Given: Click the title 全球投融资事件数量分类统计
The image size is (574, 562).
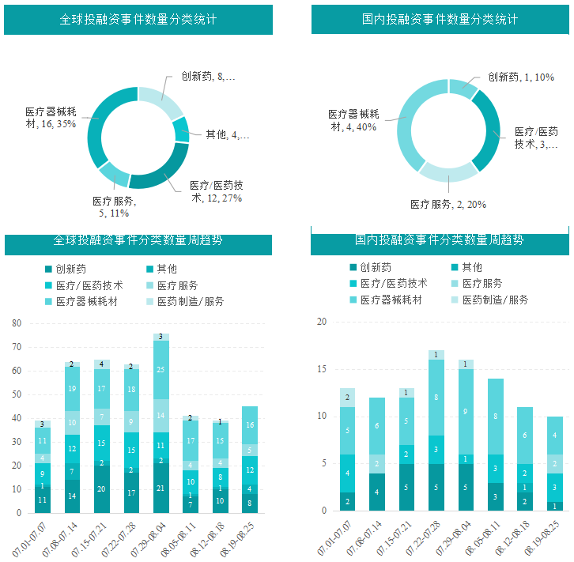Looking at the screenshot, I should point(138,19).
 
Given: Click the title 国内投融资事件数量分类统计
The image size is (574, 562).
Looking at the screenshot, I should point(440,19).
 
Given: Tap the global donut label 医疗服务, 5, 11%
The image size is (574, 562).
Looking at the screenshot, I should point(114,207).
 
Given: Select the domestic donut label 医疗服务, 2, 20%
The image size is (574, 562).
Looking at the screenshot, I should point(448,204).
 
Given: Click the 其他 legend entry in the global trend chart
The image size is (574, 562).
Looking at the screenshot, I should point(166,269).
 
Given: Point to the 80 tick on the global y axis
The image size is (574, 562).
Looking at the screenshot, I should point(17,323).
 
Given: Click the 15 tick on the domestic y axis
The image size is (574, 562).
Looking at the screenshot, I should point(321,369).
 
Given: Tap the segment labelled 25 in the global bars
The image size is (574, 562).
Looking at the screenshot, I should point(161,369).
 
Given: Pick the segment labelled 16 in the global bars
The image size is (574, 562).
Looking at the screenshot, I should point(249,425).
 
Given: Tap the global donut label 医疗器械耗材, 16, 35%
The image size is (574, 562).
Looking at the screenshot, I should point(51,118).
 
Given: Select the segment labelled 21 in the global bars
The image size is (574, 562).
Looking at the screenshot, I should point(161,488).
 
